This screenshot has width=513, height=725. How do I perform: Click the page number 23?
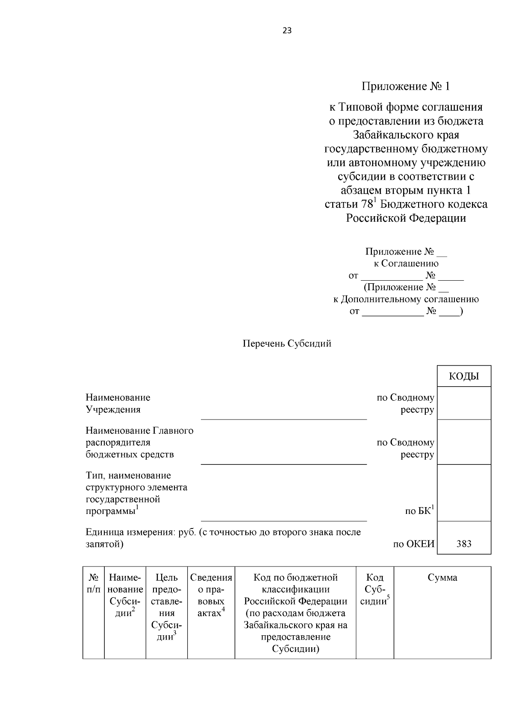click(287, 30)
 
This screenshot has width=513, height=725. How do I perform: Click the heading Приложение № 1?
click(406, 87)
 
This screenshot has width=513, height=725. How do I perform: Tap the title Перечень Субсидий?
click(287, 343)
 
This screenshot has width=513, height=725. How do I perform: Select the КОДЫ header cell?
click(464, 376)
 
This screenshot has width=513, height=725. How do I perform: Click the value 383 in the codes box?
click(464, 543)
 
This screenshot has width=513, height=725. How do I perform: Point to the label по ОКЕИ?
click(413, 544)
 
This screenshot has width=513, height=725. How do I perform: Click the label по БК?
click(419, 511)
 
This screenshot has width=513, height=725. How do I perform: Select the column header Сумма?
click(442, 578)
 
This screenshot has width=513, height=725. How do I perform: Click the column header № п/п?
click(94, 584)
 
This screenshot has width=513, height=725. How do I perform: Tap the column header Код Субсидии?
click(375, 590)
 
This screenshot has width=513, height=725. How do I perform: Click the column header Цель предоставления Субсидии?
click(167, 607)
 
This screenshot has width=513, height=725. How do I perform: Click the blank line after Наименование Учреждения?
click(284, 415)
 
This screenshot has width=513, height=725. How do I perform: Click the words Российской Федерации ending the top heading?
click(406, 218)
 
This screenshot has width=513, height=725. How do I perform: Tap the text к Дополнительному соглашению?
click(406, 299)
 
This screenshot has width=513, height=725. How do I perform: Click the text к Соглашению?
click(406, 264)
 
